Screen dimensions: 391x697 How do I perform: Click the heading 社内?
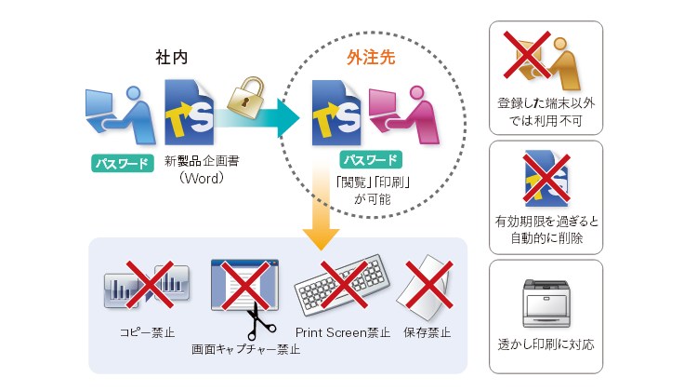pyautogui.click(x=171, y=57)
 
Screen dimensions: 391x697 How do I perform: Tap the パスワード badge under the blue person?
pyautogui.click(x=121, y=164)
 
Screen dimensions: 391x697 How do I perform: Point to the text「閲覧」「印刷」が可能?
pyautogui.click(x=375, y=190)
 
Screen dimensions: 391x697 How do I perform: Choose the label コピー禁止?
pyautogui.click(x=147, y=331)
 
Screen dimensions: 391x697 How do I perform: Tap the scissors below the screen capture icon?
pyautogui.click(x=253, y=324)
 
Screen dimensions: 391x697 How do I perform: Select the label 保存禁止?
pyautogui.click(x=427, y=331)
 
